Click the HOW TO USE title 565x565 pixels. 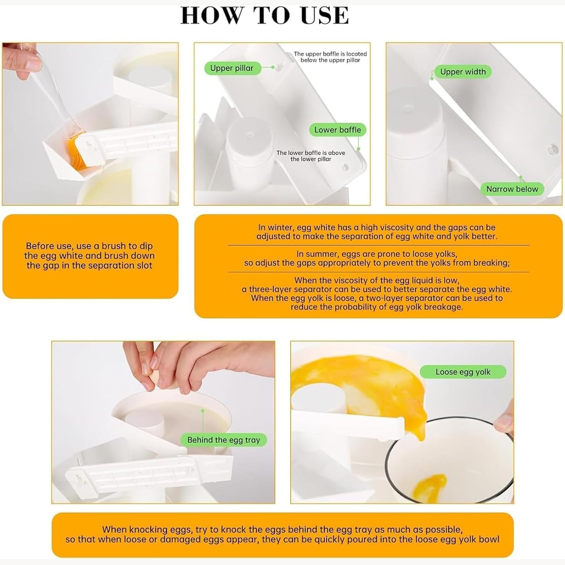[265, 15]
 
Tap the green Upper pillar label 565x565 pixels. [232, 68]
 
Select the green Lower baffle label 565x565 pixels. [337, 130]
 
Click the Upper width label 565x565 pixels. [463, 72]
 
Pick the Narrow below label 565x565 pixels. [512, 189]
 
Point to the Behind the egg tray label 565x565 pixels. [224, 440]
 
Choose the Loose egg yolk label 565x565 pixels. [463, 372]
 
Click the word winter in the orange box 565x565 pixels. [282, 228]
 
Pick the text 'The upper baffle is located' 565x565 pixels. [330, 54]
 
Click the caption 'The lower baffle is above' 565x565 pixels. [311, 153]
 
